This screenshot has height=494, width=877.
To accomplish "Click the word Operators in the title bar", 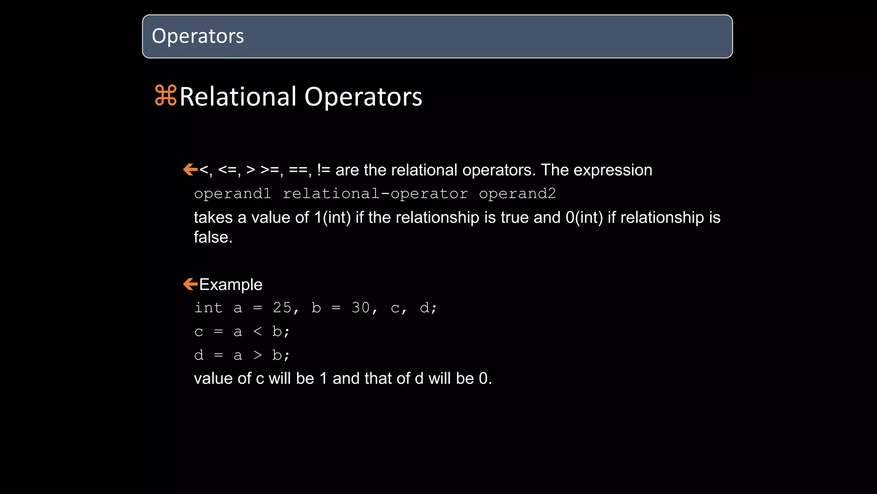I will click(198, 36).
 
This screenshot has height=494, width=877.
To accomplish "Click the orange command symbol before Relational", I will click(165, 96).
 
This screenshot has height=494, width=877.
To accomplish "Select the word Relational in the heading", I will click(238, 96).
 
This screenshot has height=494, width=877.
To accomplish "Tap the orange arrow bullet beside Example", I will click(190, 284).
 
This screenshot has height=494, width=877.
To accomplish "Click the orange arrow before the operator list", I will click(190, 169).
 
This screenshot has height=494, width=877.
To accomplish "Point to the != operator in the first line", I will click(324, 170).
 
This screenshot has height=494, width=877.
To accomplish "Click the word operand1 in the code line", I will click(233, 194).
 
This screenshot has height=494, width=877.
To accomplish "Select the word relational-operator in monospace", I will click(375, 194).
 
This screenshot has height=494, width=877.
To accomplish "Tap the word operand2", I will click(517, 194).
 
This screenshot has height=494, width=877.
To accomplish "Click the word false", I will click(213, 237).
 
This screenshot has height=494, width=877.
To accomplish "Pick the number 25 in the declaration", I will click(282, 307).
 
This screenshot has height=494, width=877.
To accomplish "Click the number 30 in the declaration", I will click(361, 307).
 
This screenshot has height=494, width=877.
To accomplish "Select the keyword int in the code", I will click(209, 307).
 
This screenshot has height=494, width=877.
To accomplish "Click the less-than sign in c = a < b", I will click(257, 331).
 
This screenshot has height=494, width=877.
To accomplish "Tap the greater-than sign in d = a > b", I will click(257, 355).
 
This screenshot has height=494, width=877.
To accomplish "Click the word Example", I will click(231, 284).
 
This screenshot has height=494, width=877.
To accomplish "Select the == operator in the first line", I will click(298, 170).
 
